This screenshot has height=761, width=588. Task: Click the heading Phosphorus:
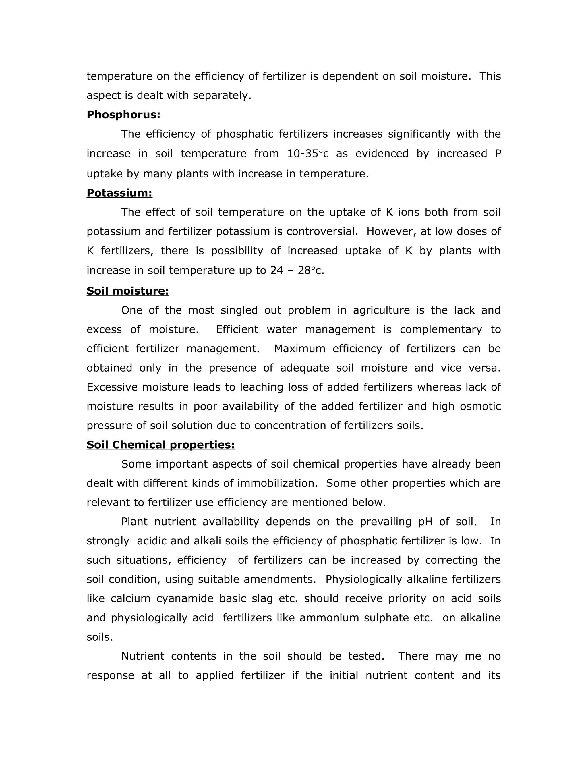[123, 115]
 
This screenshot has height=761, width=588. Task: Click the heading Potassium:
[119, 193]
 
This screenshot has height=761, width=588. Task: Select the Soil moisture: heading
[127, 291]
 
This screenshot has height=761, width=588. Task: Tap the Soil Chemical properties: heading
[160, 445]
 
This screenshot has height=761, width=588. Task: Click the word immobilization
[277, 483]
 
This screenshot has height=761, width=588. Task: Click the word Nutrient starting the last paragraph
[142, 656]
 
